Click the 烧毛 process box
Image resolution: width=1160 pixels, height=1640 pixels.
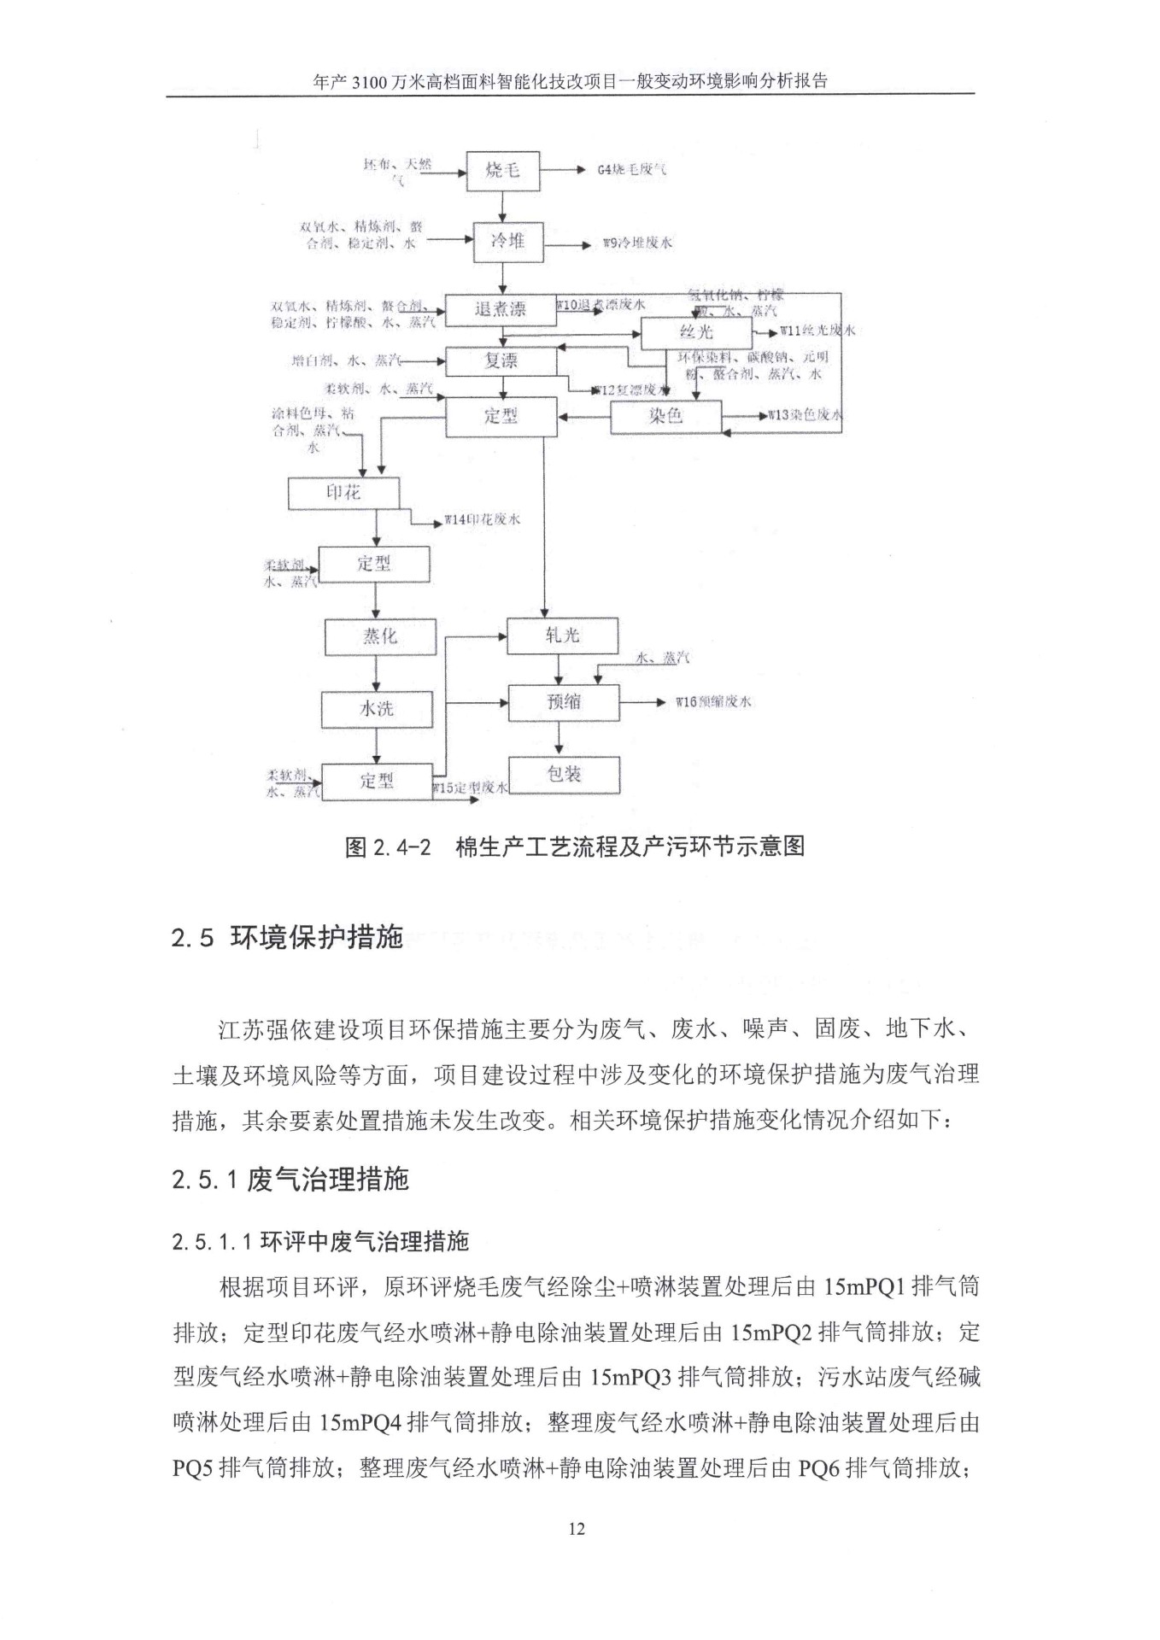503,171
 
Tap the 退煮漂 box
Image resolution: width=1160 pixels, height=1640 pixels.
500,309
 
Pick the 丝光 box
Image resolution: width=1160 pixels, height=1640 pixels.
696,332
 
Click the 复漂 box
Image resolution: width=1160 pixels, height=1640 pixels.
501,361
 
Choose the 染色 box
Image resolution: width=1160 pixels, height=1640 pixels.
665,417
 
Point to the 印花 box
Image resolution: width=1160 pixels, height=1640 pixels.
343,493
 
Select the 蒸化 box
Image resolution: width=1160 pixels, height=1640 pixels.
378,636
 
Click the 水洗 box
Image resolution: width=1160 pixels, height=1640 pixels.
377,708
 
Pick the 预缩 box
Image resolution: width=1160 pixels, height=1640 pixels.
564,702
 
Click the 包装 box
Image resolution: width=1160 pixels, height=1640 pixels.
564,774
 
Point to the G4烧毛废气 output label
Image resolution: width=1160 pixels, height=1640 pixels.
632,170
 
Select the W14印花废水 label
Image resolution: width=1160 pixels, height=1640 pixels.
482,519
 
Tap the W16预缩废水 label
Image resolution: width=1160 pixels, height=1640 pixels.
712,702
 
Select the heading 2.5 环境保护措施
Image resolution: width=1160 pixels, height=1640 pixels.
287,939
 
